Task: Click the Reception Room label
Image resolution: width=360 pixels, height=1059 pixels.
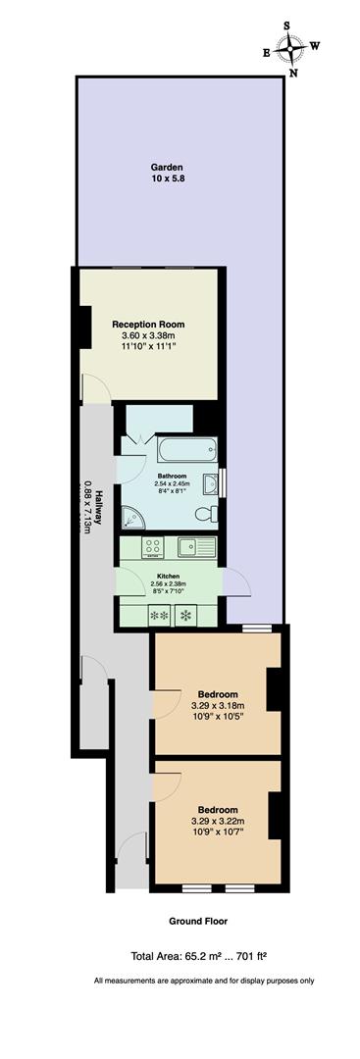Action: click(148, 325)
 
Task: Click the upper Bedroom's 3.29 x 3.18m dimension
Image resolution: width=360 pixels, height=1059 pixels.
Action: click(216, 704)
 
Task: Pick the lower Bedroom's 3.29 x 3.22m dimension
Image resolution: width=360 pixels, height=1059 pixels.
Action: click(216, 820)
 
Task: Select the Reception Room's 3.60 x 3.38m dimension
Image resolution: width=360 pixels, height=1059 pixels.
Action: click(148, 336)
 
